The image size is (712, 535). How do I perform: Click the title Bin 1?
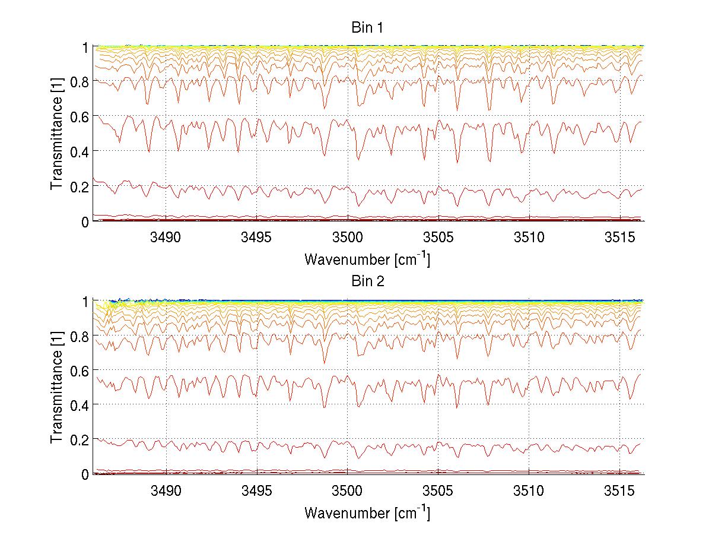point(367,28)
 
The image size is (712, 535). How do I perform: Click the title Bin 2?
point(367,281)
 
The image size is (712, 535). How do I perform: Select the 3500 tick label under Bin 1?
point(347,238)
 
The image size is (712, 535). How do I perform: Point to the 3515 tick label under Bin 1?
point(619,238)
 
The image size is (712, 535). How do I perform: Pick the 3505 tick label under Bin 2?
point(438,491)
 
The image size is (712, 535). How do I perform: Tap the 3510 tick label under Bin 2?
point(529,491)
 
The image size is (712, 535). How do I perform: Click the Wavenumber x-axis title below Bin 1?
point(367,259)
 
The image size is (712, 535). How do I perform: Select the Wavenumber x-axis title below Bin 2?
point(367,512)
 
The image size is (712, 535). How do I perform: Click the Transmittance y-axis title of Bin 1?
point(57,134)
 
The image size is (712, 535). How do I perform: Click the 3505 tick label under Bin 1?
point(438,238)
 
